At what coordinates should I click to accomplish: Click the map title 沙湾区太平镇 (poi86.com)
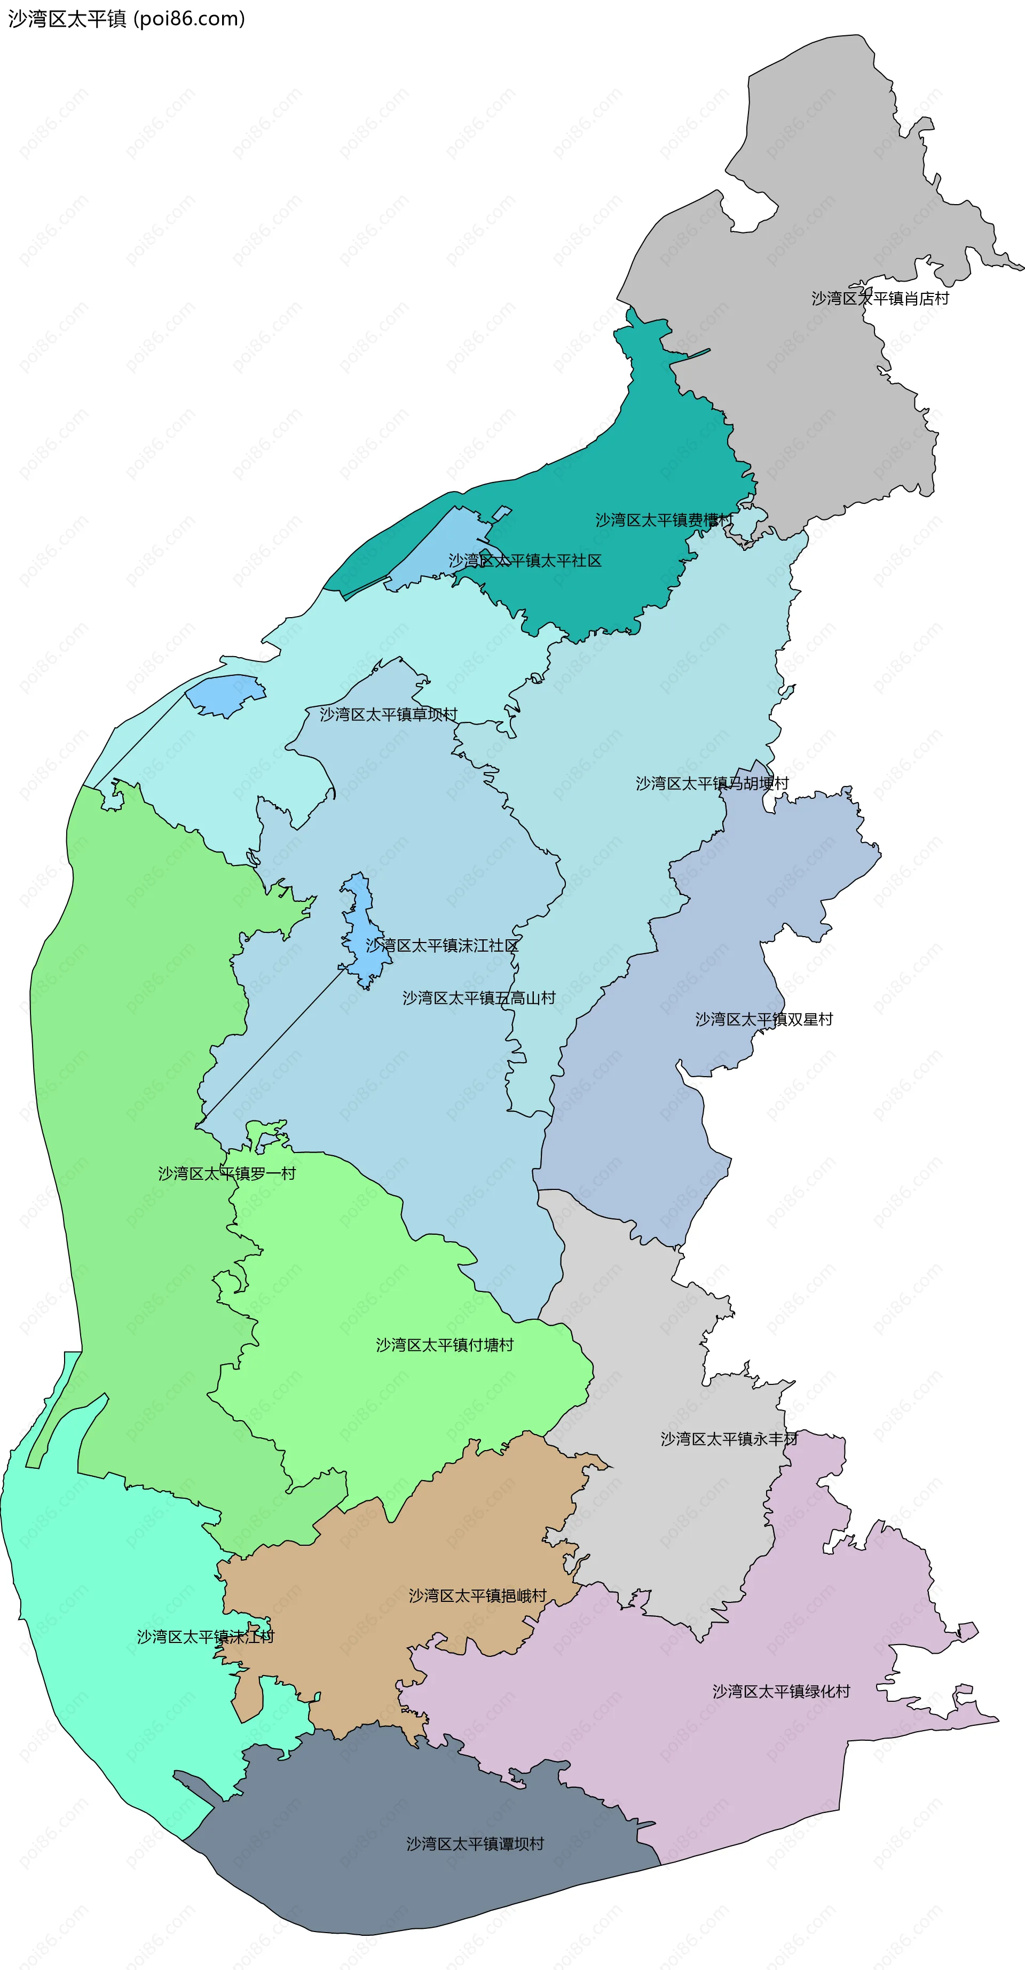point(126,18)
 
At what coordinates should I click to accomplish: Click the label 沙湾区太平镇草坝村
point(388,715)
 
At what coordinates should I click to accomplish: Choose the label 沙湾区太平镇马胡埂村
point(712,784)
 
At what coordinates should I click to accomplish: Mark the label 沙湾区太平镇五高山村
point(478,999)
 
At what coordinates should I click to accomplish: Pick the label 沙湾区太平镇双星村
point(763,1020)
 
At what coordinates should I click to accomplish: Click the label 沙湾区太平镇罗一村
point(226,1174)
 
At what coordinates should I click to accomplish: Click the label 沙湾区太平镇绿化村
point(781,1692)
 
